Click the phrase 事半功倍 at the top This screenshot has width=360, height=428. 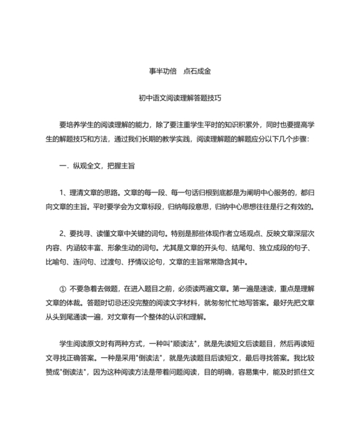coord(154,71)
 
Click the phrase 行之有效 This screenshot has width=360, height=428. coord(296,206)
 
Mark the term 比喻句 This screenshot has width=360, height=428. coord(56,261)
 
